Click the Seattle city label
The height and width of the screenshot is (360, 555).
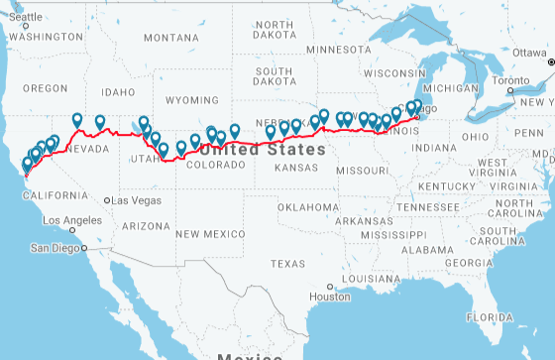tap(27, 16)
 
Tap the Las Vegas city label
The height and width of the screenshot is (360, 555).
tap(137, 200)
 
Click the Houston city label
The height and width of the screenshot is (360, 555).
tap(330, 297)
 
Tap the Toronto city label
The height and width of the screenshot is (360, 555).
tap(512, 79)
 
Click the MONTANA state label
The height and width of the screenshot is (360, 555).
tap(170, 38)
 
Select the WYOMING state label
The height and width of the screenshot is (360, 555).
tap(191, 100)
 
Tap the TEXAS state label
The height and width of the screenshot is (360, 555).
tap(288, 264)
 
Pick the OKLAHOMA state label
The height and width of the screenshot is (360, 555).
tap(308, 207)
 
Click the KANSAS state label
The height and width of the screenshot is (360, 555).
tap(297, 169)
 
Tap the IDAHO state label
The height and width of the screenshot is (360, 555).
tap(117, 91)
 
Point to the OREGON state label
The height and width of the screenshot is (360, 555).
tap(46, 88)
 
